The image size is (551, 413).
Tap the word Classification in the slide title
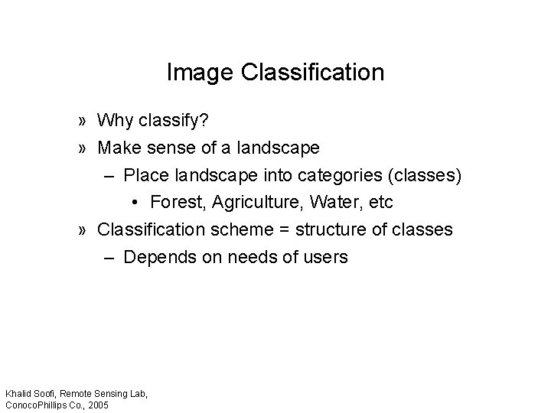coord(312,73)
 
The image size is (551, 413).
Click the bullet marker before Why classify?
coord(81,122)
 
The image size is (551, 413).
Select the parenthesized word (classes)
coord(425,175)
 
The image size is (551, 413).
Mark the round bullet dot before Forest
coord(135,203)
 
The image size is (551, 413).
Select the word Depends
coord(156,256)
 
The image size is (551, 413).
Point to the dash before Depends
coord(109,257)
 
